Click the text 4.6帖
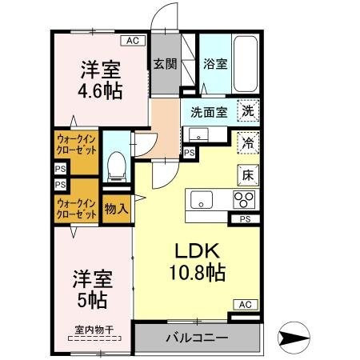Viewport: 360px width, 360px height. pos(100,90)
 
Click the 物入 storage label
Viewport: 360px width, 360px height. pos(116,209)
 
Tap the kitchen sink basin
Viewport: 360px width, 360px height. pos(201,199)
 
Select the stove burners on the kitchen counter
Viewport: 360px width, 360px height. pos(244,199)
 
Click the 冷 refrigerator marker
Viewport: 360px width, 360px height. pos(247,142)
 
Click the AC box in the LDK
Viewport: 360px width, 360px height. pos(244,304)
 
